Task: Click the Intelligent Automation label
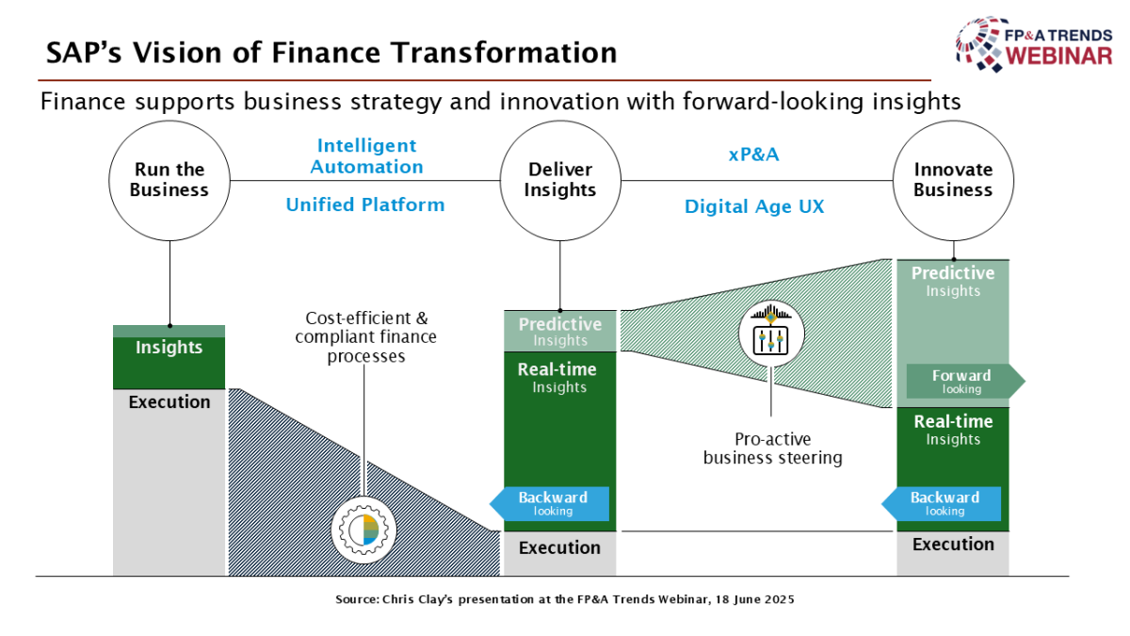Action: [x=366, y=156]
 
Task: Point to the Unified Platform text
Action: [x=365, y=205]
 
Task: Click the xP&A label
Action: [x=753, y=155]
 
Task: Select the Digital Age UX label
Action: [x=754, y=206]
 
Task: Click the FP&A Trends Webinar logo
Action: [x=1034, y=44]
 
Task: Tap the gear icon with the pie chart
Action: [x=363, y=530]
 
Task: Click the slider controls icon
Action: [x=771, y=334]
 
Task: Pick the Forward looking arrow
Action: [x=965, y=381]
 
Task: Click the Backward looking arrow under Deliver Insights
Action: [x=549, y=504]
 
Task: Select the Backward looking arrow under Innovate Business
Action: [x=942, y=504]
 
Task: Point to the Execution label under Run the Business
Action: [x=169, y=401]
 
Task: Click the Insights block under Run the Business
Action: [x=169, y=357]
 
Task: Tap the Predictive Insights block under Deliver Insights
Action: [x=560, y=331]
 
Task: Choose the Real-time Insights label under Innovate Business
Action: [x=953, y=430]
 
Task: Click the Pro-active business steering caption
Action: [x=773, y=448]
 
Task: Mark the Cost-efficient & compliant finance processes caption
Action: [x=365, y=337]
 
